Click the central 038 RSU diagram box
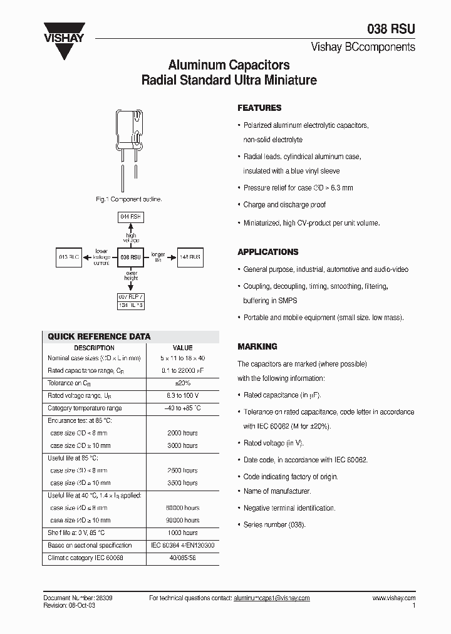[131, 257]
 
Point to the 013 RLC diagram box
[69, 257]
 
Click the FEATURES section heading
[259, 108]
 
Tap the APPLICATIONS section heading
[267, 252]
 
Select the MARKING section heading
[257, 346]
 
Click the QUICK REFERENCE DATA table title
[99, 336]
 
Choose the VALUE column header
[182, 348]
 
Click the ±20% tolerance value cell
[182, 383]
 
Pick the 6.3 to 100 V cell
[182, 395]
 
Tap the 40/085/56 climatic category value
[182, 558]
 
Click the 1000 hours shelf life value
[182, 533]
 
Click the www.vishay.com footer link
[394, 598]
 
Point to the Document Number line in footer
[78, 598]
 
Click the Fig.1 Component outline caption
[128, 199]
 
